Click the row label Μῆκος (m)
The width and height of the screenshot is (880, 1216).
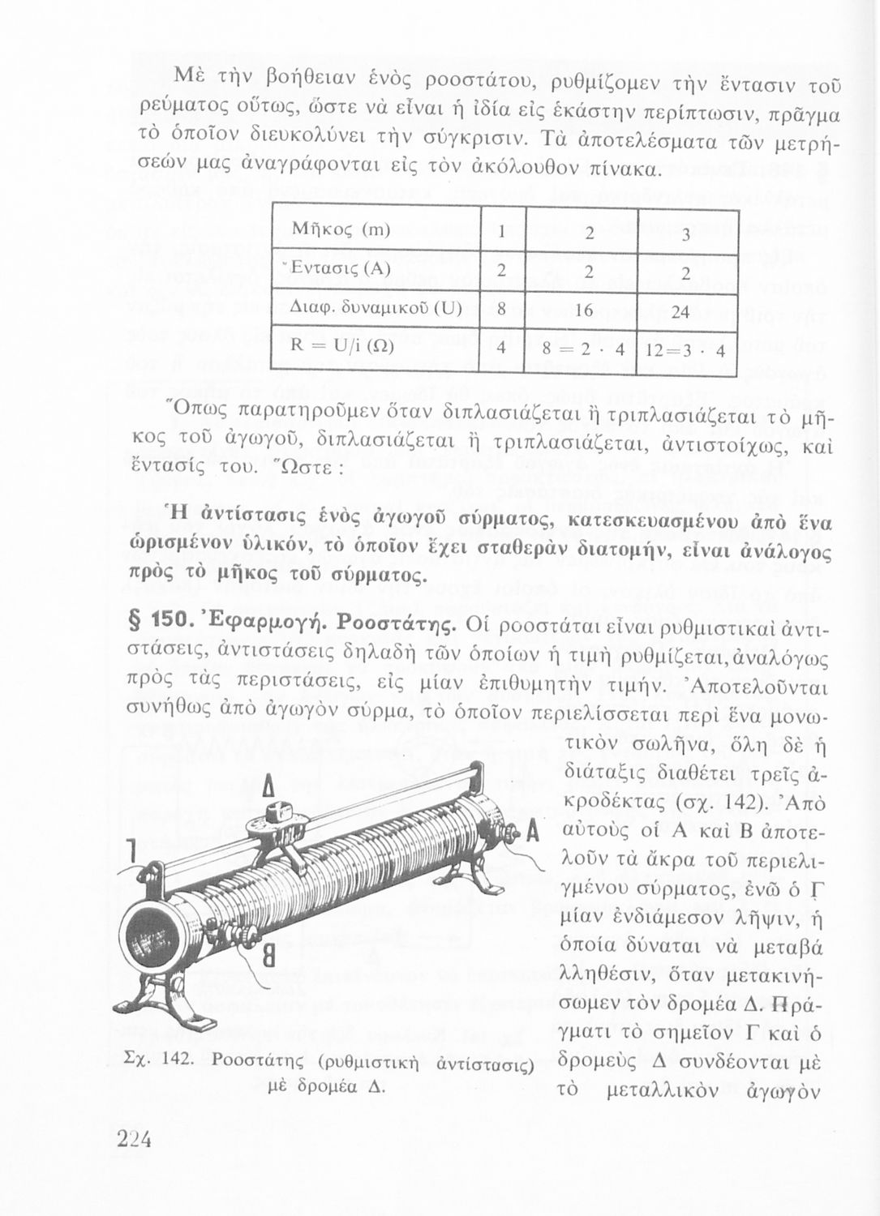[x=341, y=229]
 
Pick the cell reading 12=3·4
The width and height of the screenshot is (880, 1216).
[x=686, y=353]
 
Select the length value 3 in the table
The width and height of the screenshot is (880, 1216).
[x=685, y=236]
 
